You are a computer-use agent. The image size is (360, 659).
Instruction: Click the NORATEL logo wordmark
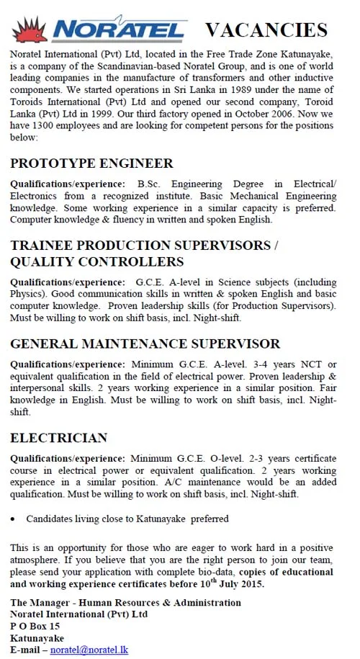pos(120,30)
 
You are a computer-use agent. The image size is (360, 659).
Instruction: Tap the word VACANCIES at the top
pos(266,30)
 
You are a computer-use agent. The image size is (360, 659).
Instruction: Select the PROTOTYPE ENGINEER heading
pos(91,163)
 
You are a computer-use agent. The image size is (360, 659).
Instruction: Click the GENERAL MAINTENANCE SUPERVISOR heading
pos(145,344)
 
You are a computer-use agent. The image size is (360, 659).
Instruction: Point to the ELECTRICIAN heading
pos(59,437)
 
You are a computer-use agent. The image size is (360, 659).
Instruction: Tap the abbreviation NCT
pos(309,365)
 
